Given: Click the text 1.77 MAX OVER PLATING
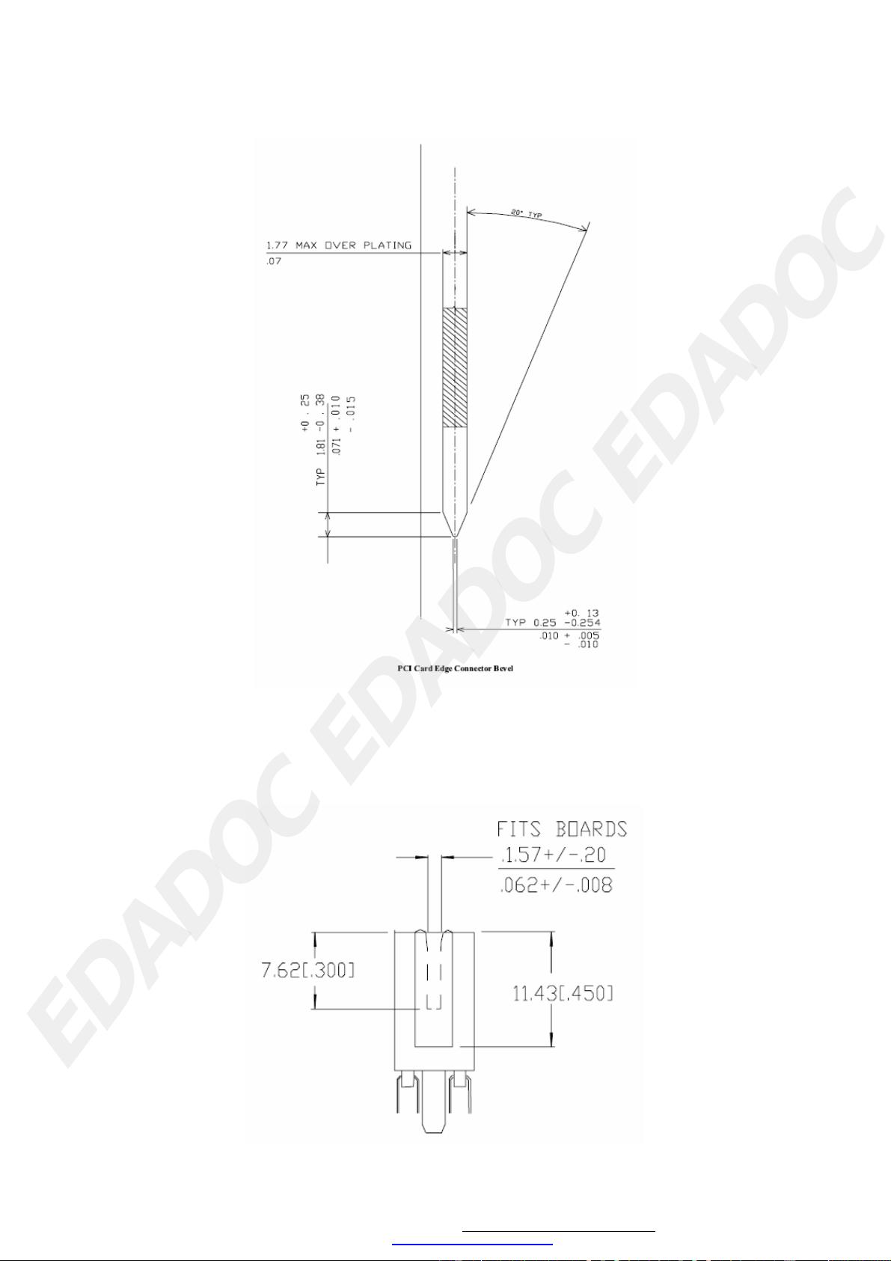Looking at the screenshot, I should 339,245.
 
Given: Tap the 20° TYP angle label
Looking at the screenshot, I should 527,214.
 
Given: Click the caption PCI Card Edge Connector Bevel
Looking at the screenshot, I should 456,668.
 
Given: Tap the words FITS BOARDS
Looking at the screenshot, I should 562,829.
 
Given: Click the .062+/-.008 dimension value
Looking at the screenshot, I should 555,885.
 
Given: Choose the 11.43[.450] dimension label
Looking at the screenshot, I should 563,994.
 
